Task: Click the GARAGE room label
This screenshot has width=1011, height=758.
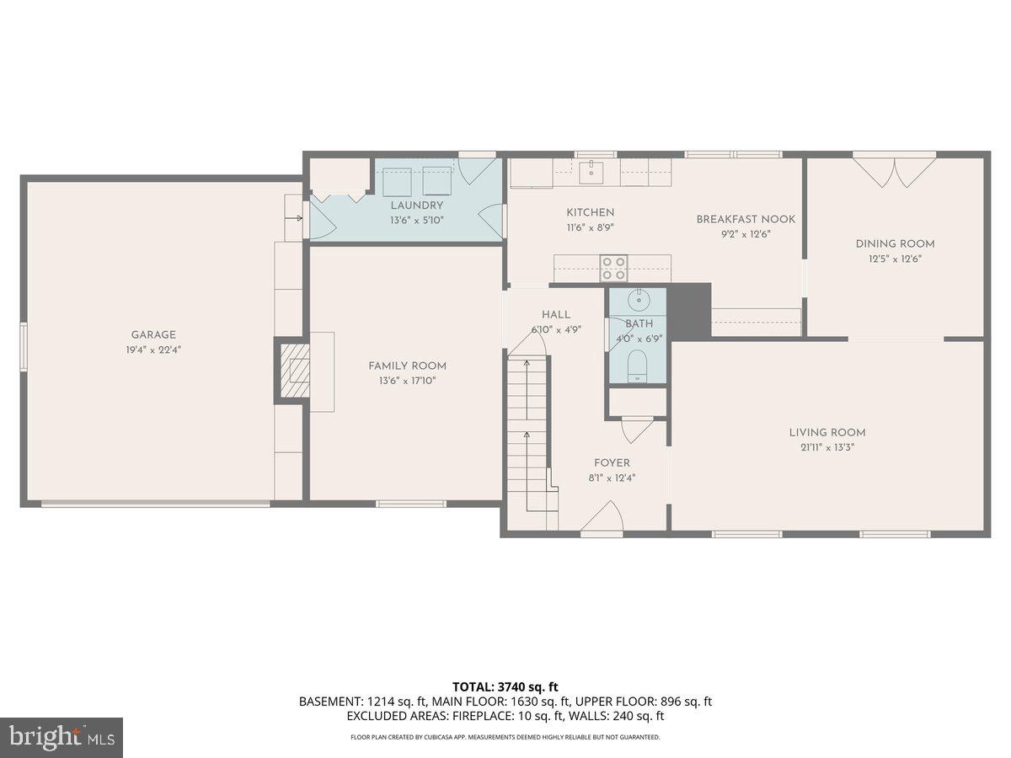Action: pyautogui.click(x=153, y=334)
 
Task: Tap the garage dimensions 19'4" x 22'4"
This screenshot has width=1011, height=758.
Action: pyautogui.click(x=153, y=349)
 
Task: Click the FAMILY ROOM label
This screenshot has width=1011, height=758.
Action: pyautogui.click(x=407, y=366)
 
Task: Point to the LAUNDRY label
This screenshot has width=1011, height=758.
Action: pyautogui.click(x=416, y=206)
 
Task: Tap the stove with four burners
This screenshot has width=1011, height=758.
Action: pyautogui.click(x=613, y=268)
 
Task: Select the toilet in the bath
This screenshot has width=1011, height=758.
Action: pyautogui.click(x=638, y=366)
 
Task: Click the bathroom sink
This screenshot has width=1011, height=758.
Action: pyautogui.click(x=639, y=300)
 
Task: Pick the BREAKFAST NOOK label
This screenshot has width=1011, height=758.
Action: pyautogui.click(x=746, y=220)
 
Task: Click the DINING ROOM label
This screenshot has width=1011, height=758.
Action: pyautogui.click(x=895, y=244)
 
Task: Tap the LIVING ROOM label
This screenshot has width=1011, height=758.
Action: pyautogui.click(x=827, y=433)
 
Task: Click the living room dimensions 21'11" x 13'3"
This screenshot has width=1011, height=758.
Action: pyautogui.click(x=827, y=447)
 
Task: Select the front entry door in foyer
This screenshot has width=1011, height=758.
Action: pyautogui.click(x=602, y=520)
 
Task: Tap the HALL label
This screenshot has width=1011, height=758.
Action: pyautogui.click(x=556, y=315)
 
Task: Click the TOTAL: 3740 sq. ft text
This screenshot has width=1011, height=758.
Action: pyautogui.click(x=505, y=686)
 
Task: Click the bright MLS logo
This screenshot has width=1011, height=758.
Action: pyautogui.click(x=62, y=738)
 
